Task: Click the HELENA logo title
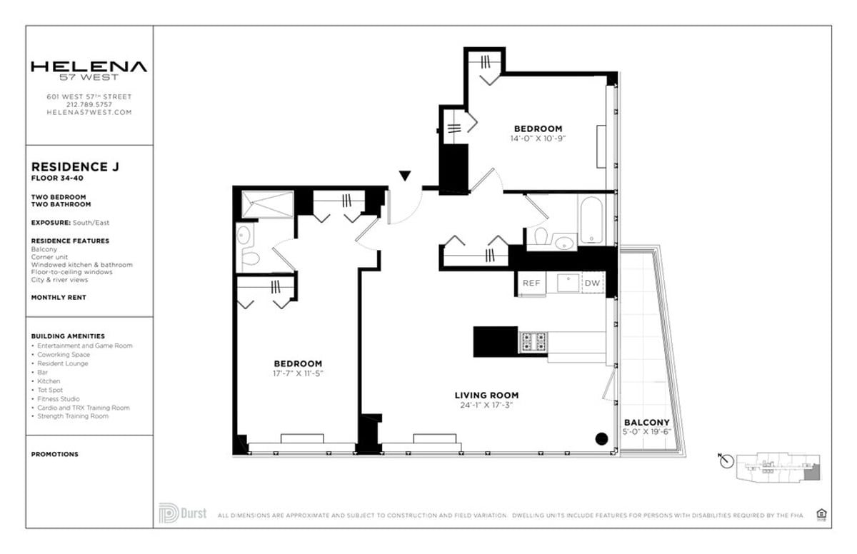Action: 89,67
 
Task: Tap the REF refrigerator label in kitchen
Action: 531,283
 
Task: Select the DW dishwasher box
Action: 592,283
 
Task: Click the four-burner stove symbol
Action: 532,342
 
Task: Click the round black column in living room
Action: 601,439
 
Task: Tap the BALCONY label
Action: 646,423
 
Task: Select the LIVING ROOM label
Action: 486,395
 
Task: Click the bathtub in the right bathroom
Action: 591,220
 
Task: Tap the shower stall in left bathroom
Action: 266,205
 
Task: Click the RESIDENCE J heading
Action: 75,167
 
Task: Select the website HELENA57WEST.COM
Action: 89,112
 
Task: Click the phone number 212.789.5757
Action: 89,104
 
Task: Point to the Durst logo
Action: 184,513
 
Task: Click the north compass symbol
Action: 727,462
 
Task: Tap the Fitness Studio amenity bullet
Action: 59,399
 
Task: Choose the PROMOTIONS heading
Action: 55,454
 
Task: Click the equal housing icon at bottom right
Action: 821,513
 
